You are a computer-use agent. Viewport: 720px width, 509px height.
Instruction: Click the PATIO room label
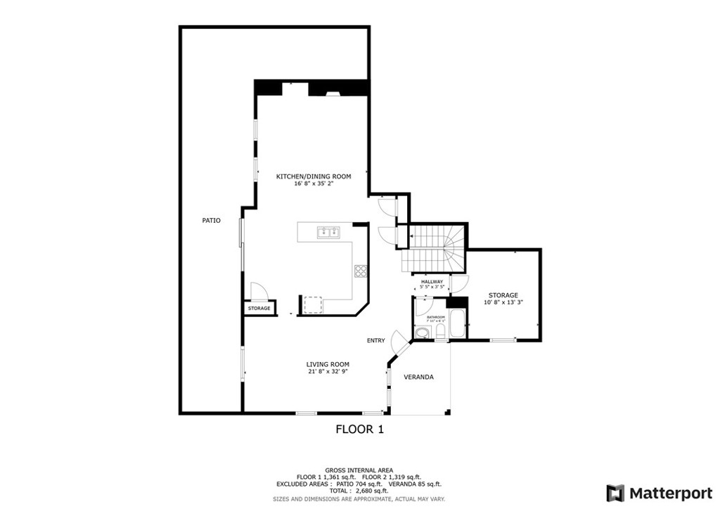tap(211, 221)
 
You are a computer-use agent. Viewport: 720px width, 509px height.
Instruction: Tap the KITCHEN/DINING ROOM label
tap(313, 176)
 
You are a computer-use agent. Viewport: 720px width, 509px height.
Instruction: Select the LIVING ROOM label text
tap(328, 364)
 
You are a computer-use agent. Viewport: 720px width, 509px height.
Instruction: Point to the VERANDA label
tap(418, 378)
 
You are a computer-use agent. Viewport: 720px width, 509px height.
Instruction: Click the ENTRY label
tap(375, 341)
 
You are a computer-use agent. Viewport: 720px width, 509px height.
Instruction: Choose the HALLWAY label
tap(432, 282)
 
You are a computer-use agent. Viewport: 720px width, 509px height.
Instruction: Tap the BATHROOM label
tap(436, 317)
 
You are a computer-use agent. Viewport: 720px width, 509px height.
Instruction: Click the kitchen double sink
tap(328, 232)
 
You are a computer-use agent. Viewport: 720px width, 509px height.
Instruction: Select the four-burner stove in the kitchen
tap(361, 271)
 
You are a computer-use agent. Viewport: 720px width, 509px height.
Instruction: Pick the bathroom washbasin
tap(422, 333)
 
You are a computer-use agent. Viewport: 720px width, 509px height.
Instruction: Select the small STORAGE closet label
tap(259, 309)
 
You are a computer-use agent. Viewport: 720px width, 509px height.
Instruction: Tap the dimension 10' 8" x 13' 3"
tap(503, 302)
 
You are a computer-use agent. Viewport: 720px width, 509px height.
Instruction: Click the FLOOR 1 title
tap(359, 429)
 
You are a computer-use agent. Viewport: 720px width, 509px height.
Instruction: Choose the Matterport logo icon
tap(615, 492)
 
